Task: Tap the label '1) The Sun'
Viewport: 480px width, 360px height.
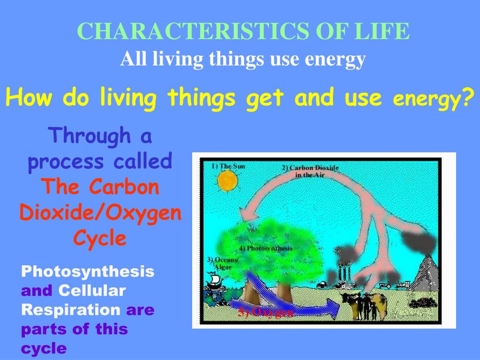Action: click(228, 166)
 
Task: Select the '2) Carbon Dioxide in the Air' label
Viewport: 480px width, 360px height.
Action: click(310, 171)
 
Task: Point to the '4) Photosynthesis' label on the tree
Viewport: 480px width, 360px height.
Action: click(265, 248)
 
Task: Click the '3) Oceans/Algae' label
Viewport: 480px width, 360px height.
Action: click(223, 263)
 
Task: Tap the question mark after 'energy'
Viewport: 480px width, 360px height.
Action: click(466, 98)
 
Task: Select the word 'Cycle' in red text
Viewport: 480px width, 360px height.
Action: click(100, 239)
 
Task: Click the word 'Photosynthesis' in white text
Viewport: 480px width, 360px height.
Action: click(88, 271)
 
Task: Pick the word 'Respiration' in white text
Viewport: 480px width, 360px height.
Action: click(70, 310)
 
